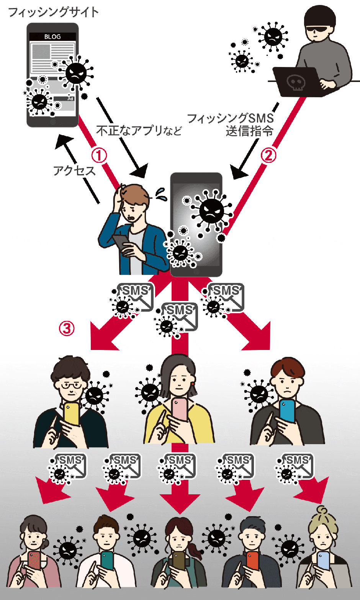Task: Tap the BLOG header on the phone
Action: (x=52, y=37)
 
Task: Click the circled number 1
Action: (x=99, y=155)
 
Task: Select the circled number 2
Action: (x=268, y=155)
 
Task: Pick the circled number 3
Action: (x=67, y=328)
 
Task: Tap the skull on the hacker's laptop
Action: (x=296, y=82)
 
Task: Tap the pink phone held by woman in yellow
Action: (x=180, y=409)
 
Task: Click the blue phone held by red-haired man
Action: (x=287, y=410)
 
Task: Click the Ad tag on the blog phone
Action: (x=70, y=99)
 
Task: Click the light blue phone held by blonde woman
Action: (x=323, y=561)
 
